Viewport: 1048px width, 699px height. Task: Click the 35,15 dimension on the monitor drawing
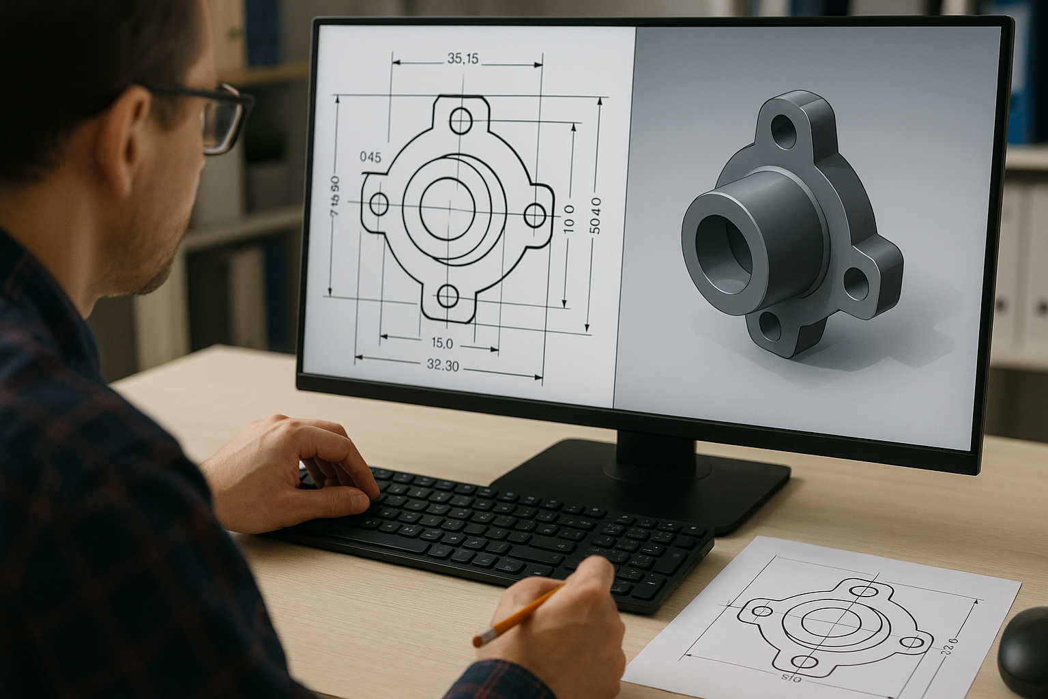pos(463,59)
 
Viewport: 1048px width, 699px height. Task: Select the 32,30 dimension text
pos(443,366)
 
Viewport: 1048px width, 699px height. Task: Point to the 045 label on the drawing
pos(370,157)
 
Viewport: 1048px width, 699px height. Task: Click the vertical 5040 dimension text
pos(596,215)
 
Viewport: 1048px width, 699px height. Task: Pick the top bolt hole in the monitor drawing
pos(461,121)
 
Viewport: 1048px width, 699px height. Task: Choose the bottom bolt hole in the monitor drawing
pos(448,296)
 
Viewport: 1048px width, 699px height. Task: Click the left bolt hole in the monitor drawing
pos(379,203)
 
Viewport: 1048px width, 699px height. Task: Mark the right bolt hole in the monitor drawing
pos(535,216)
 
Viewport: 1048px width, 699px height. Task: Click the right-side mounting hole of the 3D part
pos(856,283)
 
